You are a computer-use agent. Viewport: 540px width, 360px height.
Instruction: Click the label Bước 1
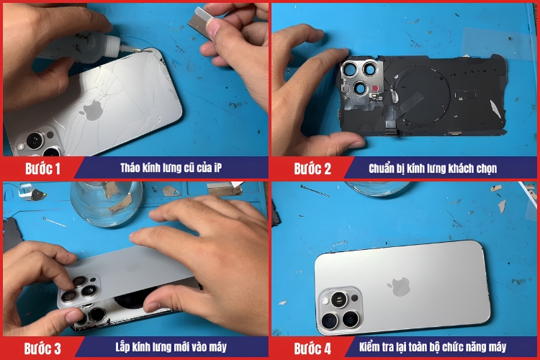[42, 168]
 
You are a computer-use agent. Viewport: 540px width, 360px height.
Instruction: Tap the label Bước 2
[312, 168]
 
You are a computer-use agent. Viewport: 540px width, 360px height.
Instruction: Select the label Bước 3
[42, 348]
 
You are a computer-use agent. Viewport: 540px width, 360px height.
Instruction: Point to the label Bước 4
[312, 348]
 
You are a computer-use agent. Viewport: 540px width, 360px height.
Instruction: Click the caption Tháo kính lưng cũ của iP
[171, 168]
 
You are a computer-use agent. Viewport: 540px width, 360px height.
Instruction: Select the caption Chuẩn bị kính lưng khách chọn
[433, 168]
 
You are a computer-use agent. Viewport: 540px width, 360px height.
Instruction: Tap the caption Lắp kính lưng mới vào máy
[171, 347]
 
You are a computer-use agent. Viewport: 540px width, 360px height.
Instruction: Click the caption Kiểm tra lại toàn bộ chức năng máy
[433, 347]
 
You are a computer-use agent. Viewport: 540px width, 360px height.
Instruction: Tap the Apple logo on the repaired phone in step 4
[400, 287]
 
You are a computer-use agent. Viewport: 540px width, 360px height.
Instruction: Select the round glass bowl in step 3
[106, 203]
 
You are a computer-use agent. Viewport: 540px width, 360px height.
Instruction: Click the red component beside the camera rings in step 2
[374, 88]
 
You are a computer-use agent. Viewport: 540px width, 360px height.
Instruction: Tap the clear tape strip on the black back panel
[409, 102]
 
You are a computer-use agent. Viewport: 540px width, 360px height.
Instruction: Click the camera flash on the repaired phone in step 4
[325, 302]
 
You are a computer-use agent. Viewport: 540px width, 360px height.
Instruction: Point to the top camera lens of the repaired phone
[339, 300]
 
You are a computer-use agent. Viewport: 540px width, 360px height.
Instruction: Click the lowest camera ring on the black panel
[360, 89]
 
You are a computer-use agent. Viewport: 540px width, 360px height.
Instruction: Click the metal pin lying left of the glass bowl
[55, 222]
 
